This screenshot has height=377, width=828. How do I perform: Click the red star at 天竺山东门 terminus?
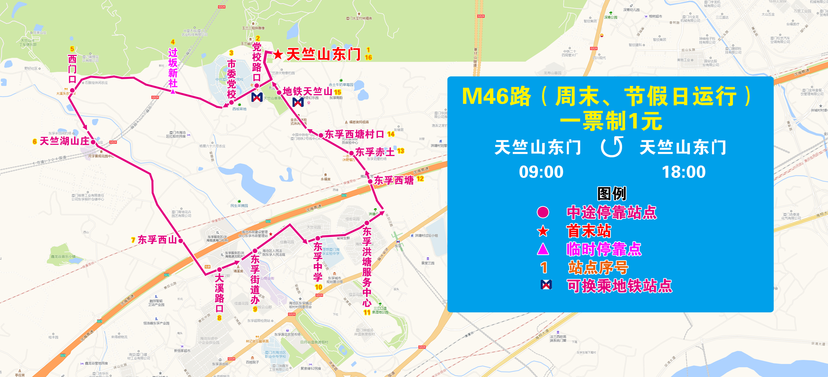pyautogui.click(x=278, y=54)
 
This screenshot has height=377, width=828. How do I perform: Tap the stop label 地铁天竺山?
pyautogui.click(x=307, y=92)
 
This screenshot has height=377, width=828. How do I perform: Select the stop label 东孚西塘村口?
pyautogui.click(x=354, y=134)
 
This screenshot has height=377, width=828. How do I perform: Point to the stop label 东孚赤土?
pyautogui.click(x=375, y=152)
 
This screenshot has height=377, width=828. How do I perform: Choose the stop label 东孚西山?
pyautogui.click(x=157, y=240)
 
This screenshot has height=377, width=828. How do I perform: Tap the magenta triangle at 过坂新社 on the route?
pyautogui.click(x=173, y=92)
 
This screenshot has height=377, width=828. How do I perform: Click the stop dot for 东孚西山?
pyautogui.click(x=181, y=241)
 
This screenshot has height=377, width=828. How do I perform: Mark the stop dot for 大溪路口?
pyautogui.click(x=219, y=270)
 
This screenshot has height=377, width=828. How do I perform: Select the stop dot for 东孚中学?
pyautogui.click(x=318, y=238)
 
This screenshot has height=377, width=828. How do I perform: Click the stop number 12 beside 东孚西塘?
pyautogui.click(x=420, y=179)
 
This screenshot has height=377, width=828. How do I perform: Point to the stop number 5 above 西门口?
pyautogui.click(x=72, y=49)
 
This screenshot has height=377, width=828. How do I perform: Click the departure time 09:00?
pyautogui.click(x=541, y=172)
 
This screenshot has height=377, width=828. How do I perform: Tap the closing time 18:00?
pyautogui.click(x=684, y=172)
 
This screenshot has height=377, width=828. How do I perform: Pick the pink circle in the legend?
pyautogui.click(x=543, y=212)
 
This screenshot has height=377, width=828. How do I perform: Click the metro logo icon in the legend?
pyautogui.click(x=546, y=285)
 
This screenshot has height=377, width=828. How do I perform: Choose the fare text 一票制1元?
pyautogui.click(x=611, y=121)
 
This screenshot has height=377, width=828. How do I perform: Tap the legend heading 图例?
pyautogui.click(x=611, y=194)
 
